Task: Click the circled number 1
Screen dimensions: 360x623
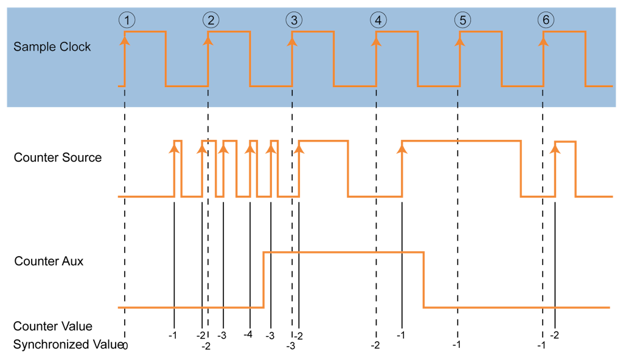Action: pos(126,20)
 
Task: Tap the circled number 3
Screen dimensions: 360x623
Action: pos(294,20)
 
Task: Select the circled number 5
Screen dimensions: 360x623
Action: pos(462,20)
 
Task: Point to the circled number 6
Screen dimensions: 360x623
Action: pos(545,20)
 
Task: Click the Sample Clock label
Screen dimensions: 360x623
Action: pos(52,47)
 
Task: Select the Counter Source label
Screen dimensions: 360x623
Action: pos(58,158)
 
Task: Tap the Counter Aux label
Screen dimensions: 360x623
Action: pos(49,261)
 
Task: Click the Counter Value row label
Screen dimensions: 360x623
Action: pos(53,327)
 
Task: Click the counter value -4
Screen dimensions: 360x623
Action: pos(248,335)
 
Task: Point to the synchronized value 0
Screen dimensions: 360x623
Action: pos(125,345)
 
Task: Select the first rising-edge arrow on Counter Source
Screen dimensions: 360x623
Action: pos(175,147)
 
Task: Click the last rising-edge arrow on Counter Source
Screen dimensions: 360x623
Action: pos(555,148)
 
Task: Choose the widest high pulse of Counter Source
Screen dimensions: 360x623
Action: pos(461,141)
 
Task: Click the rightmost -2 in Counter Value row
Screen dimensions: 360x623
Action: pos(555,335)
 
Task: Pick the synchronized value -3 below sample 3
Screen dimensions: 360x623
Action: pos(291,346)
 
